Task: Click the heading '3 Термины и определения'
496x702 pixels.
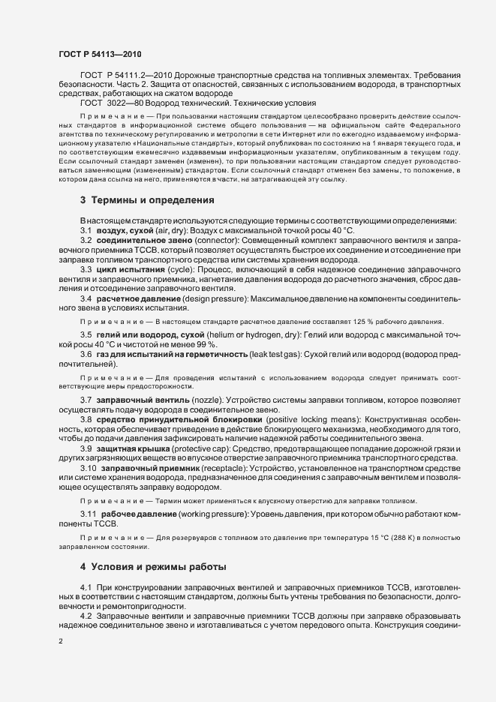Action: (x=149, y=200)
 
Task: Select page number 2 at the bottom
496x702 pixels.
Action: (x=61, y=641)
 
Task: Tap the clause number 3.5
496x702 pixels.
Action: (x=87, y=334)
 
